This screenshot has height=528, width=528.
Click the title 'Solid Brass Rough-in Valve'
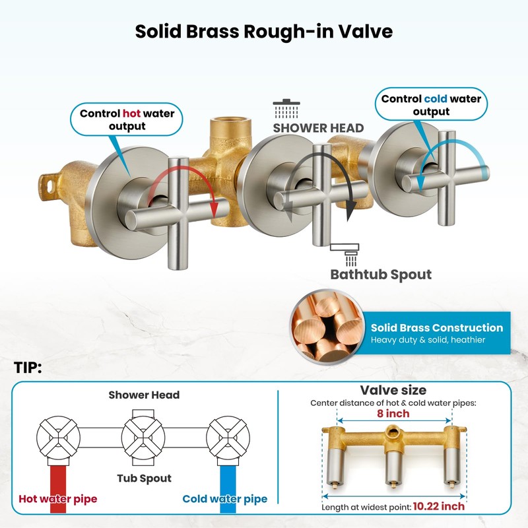click(264, 31)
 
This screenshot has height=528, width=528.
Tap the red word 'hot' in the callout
click(132, 114)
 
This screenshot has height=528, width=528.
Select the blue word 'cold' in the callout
click(436, 99)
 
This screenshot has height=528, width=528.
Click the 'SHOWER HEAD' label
click(318, 127)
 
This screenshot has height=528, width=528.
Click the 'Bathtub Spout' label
click(381, 273)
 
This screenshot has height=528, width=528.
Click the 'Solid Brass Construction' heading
click(436, 327)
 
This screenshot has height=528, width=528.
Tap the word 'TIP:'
click(28, 368)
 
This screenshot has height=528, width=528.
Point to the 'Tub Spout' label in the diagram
click(144, 478)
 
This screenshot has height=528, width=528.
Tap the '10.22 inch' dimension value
click(439, 507)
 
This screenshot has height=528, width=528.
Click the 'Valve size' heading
click(393, 390)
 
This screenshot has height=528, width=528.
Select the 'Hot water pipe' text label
click(57, 499)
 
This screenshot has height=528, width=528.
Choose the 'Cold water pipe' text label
click(224, 499)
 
